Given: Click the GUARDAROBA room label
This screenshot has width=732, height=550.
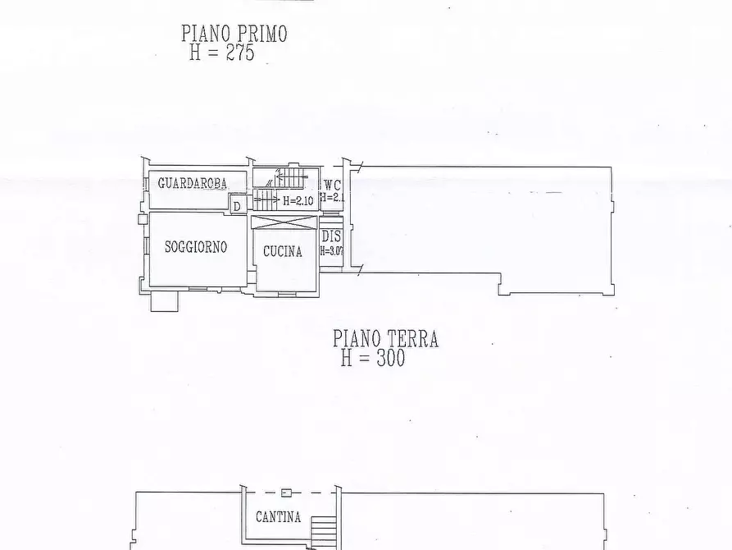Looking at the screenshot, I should (x=192, y=183).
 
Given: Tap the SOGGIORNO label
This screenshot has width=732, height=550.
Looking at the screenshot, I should (x=196, y=246).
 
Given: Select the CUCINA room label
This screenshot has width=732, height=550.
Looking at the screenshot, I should (x=283, y=252).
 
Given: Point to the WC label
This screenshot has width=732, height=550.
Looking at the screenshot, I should (x=332, y=185).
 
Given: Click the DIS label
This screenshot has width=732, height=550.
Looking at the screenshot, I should (x=331, y=236).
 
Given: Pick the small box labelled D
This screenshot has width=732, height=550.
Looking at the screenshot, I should (x=237, y=206).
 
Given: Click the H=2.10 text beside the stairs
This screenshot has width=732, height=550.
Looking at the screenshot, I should (x=298, y=200).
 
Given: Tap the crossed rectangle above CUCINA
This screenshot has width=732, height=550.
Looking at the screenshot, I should (x=284, y=222).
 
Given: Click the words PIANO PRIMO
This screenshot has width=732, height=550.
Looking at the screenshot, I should (x=234, y=34).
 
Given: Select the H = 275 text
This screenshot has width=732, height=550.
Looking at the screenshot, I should (x=222, y=53).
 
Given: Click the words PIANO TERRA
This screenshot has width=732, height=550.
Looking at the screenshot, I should (x=385, y=338).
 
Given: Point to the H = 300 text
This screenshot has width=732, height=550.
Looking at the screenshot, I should (x=373, y=359).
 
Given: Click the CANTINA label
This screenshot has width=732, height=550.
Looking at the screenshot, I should (x=278, y=517).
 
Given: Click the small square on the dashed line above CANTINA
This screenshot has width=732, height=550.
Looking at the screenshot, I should (x=284, y=493).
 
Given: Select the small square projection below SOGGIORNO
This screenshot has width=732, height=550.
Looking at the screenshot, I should (x=163, y=300).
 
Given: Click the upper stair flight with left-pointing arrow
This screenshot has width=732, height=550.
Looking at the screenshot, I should (x=291, y=176).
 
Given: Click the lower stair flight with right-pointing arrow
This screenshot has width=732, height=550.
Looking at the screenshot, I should (x=266, y=199).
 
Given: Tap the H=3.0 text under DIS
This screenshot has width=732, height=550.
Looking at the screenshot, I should (x=331, y=251).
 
